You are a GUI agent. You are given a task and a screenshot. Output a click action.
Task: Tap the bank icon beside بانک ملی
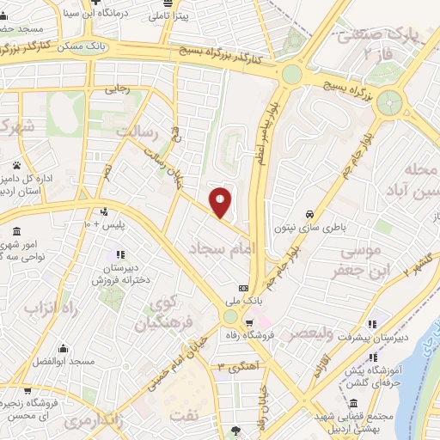pos(243,288)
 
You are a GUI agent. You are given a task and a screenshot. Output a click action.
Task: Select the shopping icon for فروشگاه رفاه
pos(249,325)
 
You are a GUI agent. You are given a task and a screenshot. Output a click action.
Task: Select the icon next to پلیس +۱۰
pos(105,211)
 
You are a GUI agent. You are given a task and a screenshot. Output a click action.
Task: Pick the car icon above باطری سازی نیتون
pos(309,214)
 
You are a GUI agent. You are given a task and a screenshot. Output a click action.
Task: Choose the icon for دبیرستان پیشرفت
pos(372,325)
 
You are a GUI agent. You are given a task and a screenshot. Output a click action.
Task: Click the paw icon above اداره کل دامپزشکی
pos(16,164)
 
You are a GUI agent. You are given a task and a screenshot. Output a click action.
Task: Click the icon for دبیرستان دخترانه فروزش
pos(119,254)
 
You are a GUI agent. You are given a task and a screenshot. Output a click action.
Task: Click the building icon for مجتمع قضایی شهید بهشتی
pos(354,404)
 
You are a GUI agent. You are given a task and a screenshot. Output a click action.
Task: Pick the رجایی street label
pos(116,88)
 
